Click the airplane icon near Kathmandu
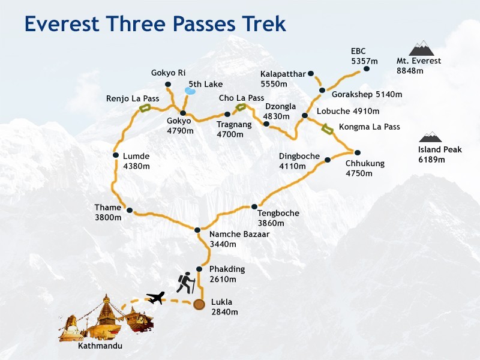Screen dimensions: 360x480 point(155,297)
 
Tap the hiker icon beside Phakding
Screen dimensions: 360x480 point(186,283)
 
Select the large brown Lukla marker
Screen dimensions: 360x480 point(199,305)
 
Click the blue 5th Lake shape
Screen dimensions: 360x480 point(190,91)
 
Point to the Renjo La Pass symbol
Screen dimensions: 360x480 point(145,108)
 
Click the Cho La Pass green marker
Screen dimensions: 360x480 point(240,107)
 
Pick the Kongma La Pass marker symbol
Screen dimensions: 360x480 point(327,127)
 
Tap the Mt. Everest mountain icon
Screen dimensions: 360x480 point(421,48)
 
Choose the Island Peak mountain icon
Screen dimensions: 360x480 point(430,137)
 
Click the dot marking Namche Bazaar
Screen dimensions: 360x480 point(197,230)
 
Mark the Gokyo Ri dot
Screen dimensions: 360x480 point(167,84)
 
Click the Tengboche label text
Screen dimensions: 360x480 point(278,213)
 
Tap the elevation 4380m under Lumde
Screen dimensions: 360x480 point(136,166)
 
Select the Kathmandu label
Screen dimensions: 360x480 point(100,346)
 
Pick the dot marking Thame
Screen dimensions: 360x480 point(129,210)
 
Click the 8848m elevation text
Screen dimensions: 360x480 point(410,71)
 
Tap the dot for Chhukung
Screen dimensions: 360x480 point(357,152)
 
